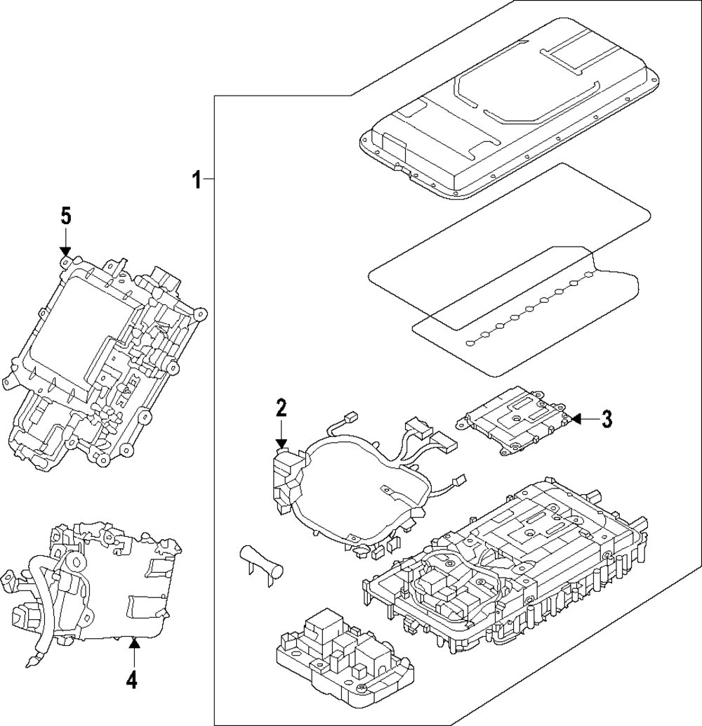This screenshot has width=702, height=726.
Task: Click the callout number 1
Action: [197, 181]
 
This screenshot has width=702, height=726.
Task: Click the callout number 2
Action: [281, 408]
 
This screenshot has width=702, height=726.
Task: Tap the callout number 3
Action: [607, 420]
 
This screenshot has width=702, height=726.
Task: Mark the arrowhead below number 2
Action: [281, 443]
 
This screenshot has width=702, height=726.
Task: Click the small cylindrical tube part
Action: [260, 560]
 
